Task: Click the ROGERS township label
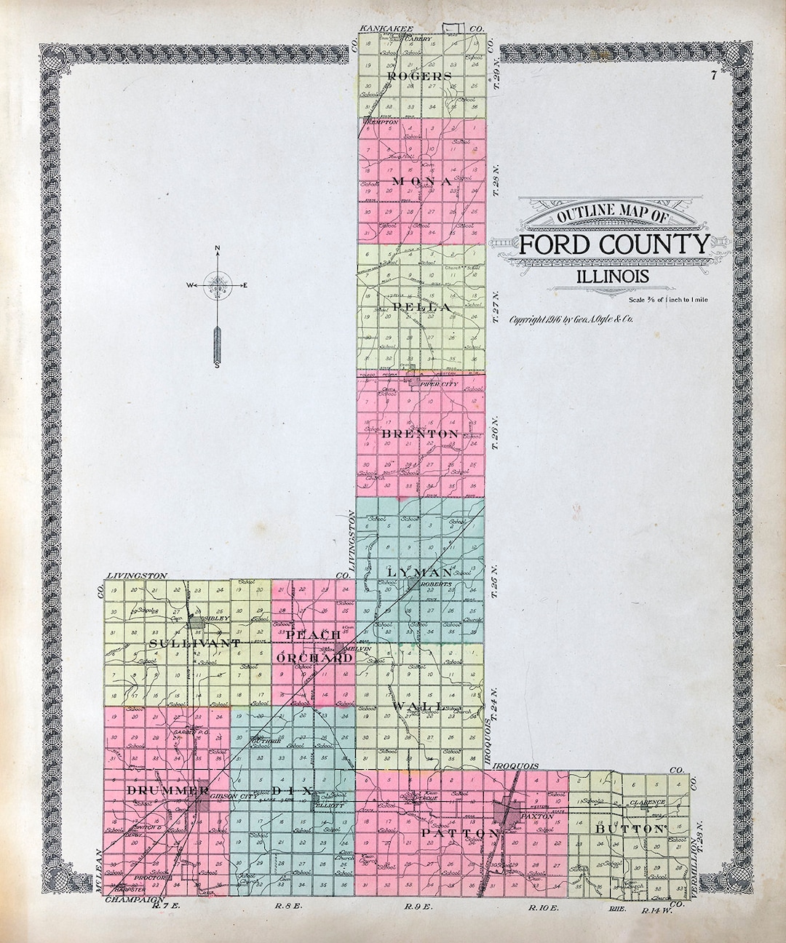(x=421, y=76)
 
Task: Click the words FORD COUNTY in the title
(x=613, y=244)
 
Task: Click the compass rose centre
(x=218, y=285)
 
